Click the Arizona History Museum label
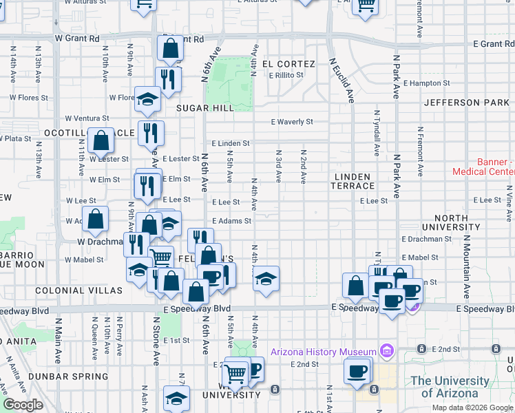tap(323, 352)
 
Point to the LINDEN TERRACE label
tap(355, 182)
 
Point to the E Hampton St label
tap(426, 83)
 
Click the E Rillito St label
tap(286, 75)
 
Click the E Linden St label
tap(230, 143)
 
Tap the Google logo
tap(23, 405)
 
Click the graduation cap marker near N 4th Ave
tap(266, 279)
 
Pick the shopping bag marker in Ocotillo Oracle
tap(101, 140)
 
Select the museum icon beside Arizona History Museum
tap(386, 352)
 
